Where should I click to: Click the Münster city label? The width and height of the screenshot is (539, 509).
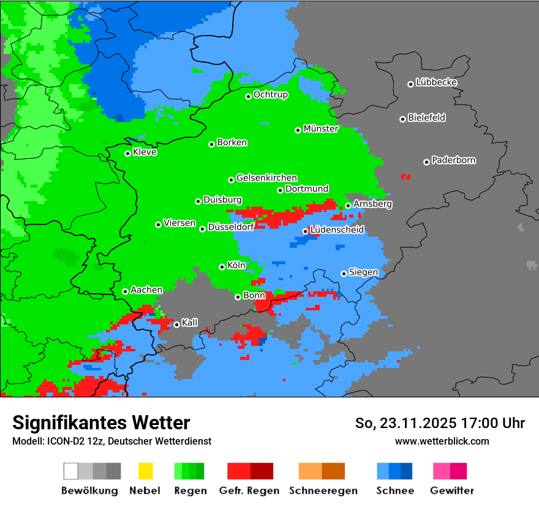[321, 129]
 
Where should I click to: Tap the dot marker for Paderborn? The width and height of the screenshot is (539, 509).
[426, 162]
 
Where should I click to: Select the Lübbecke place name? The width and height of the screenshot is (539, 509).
[436, 82]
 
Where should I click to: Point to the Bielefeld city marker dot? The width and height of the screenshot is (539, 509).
[402, 119]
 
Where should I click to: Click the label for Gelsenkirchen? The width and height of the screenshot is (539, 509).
[266, 178]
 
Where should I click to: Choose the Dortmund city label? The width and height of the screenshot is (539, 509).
[307, 189]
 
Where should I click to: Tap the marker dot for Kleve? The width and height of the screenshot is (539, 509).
[127, 153]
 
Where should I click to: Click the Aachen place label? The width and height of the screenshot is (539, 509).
[146, 290]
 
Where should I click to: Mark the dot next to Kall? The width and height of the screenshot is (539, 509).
[176, 324]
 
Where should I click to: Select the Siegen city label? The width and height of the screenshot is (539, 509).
[363, 272]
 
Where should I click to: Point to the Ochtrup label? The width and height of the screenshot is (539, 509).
[271, 95]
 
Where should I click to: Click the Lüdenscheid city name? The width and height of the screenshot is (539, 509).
[337, 230]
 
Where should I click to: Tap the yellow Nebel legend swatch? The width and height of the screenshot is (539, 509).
[145, 471]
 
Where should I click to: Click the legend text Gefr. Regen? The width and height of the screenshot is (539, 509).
[249, 491]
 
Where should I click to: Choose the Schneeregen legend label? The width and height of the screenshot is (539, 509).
[322, 491]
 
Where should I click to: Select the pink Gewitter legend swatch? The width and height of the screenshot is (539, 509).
[442, 471]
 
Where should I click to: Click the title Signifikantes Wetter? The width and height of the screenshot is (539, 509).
[101, 423]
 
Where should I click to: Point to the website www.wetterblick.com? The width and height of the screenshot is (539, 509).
[442, 441]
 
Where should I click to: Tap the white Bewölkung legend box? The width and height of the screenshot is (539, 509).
[71, 471]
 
